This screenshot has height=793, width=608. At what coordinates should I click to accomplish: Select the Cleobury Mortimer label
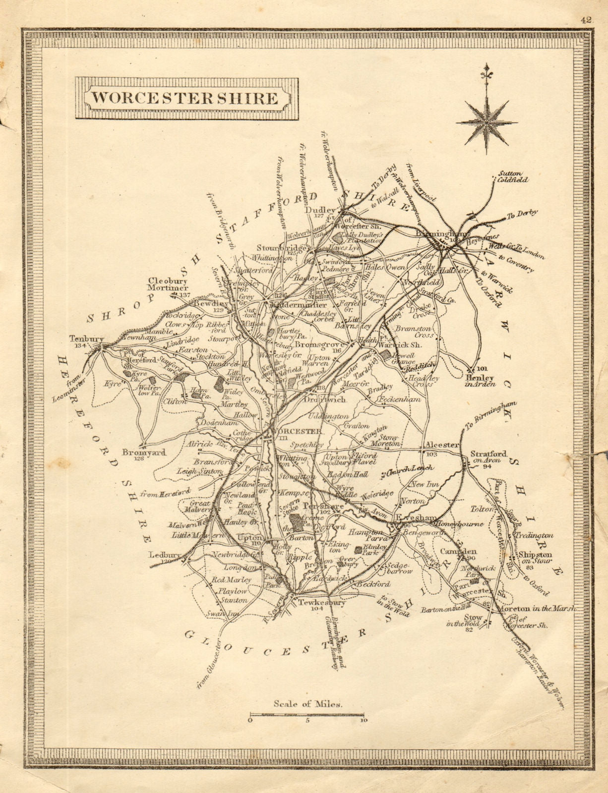pos(169,284)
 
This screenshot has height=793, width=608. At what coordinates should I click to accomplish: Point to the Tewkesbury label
pos(321,603)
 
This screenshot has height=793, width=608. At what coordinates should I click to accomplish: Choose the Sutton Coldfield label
pos(513,176)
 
